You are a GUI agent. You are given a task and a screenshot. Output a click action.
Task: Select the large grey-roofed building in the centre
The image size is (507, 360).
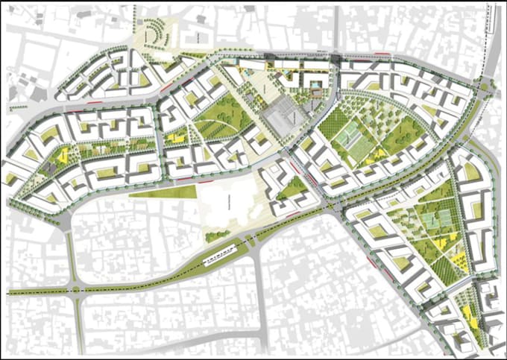click(280, 118)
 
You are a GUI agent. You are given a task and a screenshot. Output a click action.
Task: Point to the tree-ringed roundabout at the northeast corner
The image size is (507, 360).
click(486, 86)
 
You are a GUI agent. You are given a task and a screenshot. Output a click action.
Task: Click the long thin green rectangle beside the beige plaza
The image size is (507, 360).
click(161, 192)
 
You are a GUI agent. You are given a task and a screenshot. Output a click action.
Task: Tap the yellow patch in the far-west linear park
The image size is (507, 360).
click(61, 155)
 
